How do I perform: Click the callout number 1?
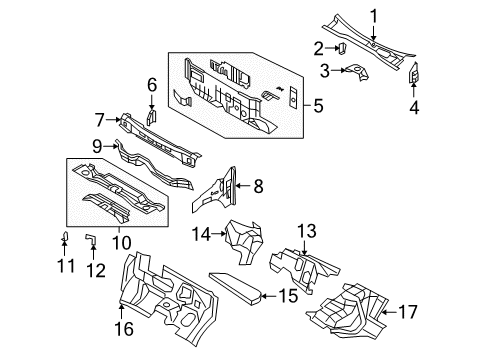[374, 14]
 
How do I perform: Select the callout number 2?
[317, 47]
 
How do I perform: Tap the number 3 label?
[323, 70]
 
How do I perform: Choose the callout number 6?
[152, 84]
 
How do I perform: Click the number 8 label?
[257, 184]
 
